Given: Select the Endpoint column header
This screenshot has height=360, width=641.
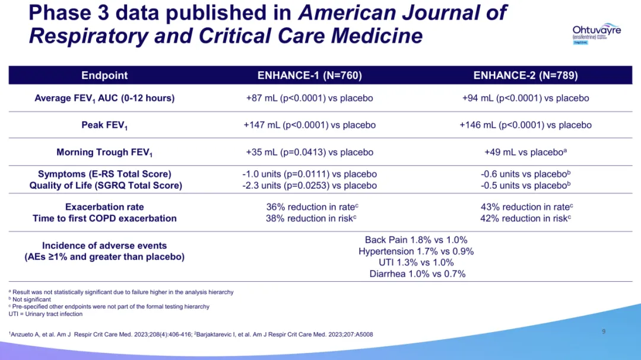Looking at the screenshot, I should (x=104, y=75).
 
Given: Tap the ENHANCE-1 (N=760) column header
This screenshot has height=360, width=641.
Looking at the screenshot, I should (x=309, y=75).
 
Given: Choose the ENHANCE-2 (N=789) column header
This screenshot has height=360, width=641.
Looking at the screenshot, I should (x=525, y=75).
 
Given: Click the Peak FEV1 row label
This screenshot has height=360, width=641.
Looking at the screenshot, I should (x=104, y=126).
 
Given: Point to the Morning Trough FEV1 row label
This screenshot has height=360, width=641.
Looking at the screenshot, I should (x=104, y=152).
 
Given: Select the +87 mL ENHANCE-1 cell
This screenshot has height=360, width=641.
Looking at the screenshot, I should (x=309, y=98).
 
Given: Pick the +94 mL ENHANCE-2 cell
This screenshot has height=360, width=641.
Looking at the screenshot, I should (x=525, y=98).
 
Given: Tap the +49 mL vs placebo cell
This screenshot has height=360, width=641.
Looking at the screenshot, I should (x=525, y=152).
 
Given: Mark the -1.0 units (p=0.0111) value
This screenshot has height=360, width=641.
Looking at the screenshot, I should (x=309, y=174).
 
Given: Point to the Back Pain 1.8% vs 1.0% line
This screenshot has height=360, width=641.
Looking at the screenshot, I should (x=416, y=240).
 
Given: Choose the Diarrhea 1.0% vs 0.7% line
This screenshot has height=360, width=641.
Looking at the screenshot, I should (x=417, y=273).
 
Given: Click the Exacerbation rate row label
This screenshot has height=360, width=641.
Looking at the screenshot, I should (x=104, y=207).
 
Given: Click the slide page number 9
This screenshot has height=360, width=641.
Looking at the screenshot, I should (x=604, y=332).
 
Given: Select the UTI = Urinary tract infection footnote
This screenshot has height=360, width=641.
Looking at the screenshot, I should (x=46, y=314).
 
